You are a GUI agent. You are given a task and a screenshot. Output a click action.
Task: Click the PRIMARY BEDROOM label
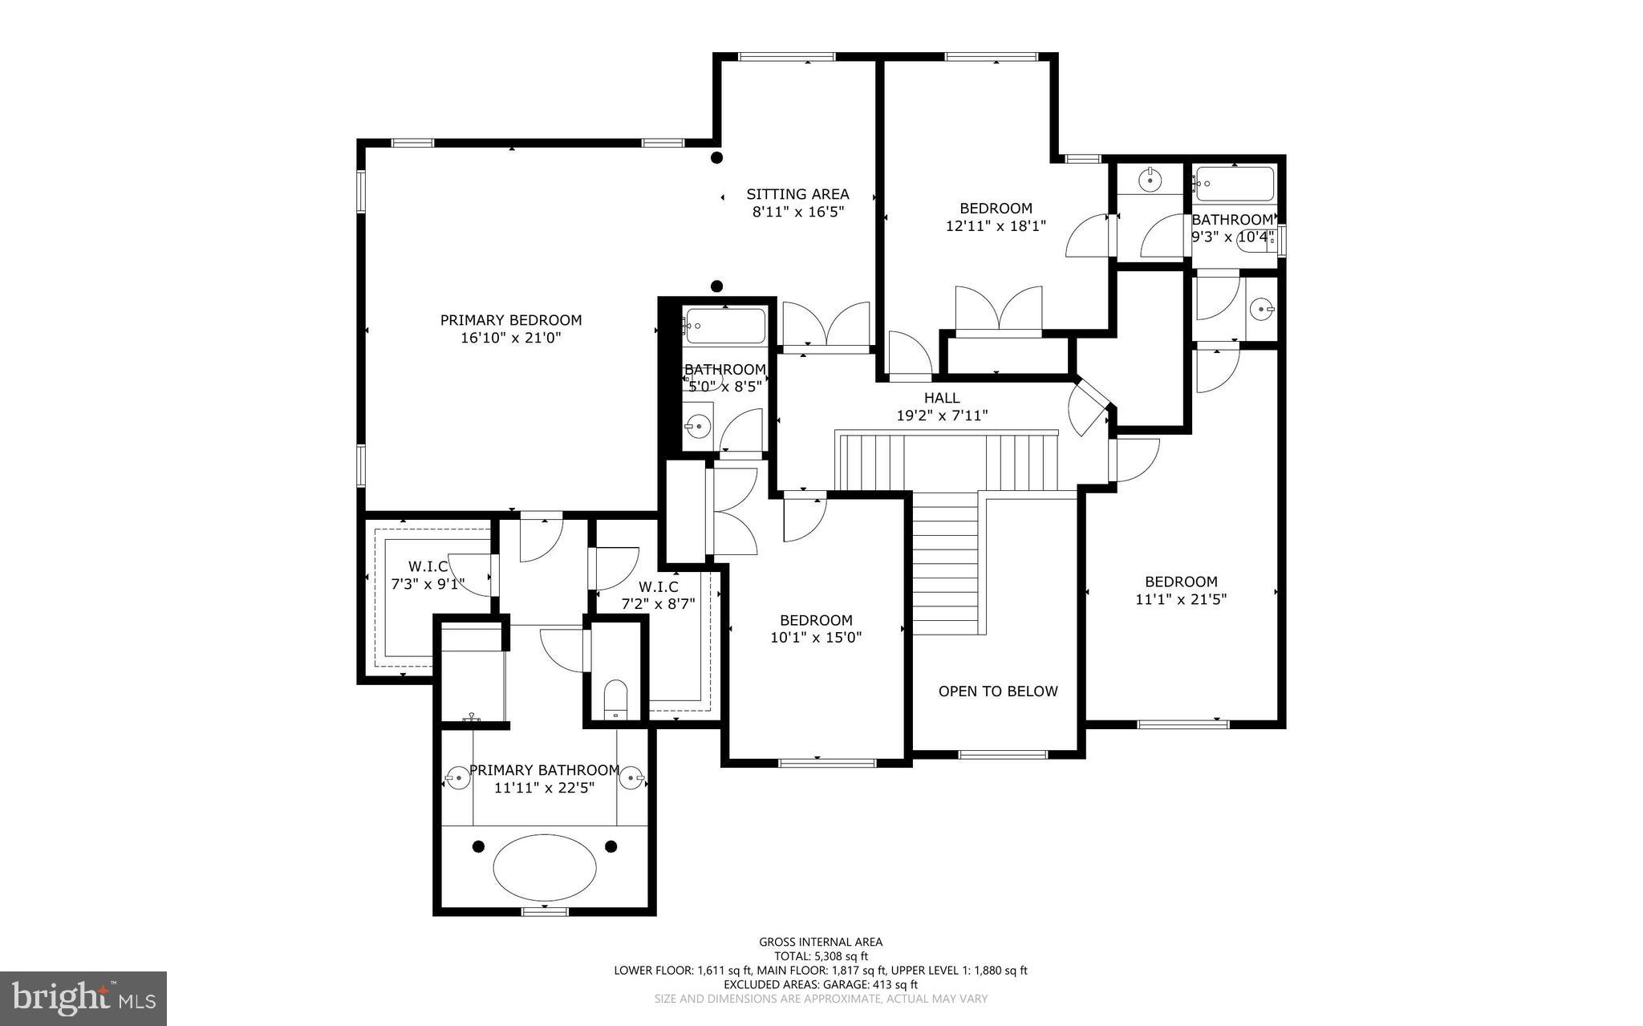tap(510, 320)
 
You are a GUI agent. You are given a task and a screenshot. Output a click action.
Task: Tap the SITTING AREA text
tap(797, 194)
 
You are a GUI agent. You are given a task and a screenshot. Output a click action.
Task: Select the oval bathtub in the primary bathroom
tap(545, 867)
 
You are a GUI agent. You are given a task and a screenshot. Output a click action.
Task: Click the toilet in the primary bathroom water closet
tap(615, 699)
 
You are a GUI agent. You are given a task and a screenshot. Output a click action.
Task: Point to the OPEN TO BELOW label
tap(998, 691)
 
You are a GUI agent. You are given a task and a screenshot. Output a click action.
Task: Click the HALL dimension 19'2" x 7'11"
tap(942, 416)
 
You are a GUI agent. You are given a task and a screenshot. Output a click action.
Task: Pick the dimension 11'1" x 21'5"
tap(1181, 598)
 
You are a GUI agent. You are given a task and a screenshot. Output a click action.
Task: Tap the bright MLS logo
tap(83, 998)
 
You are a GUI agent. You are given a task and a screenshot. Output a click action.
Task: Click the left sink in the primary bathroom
tap(457, 777)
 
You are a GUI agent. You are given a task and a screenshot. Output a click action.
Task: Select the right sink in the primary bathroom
tap(634, 777)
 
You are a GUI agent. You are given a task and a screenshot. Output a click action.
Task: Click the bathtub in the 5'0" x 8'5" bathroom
tap(724, 326)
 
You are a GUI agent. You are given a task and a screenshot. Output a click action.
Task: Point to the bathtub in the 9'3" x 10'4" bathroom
tap(1235, 185)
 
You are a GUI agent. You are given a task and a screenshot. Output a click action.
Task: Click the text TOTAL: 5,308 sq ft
tap(821, 956)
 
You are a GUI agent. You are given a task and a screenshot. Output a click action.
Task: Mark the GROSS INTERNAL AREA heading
tap(821, 942)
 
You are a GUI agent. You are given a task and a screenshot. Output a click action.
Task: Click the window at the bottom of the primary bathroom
tap(545, 910)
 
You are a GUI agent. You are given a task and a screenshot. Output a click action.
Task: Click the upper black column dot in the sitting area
tap(717, 158)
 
